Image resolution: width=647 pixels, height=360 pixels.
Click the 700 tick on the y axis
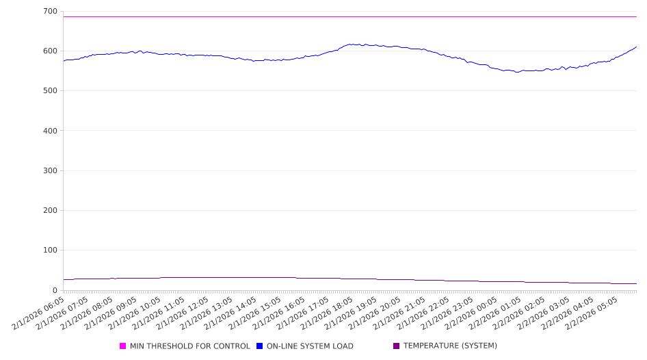50,12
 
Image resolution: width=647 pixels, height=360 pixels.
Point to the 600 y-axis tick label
50,51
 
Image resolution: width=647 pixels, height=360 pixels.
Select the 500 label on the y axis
50,91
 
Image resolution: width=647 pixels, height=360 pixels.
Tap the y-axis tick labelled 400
50,131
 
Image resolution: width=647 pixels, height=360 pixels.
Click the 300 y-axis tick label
50,170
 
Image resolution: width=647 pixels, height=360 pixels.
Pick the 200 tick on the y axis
50,211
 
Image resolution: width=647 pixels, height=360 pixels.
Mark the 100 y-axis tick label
50,250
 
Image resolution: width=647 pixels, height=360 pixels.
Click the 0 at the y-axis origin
55,290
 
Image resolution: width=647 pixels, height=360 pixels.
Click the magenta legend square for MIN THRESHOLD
123,346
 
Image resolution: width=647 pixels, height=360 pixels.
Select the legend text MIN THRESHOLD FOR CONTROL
189,346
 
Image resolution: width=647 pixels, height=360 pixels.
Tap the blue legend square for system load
260,346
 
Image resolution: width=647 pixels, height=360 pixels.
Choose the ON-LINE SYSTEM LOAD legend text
310,346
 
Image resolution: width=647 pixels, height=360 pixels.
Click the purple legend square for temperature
397,346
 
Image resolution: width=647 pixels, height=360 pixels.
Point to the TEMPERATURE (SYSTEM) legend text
450,346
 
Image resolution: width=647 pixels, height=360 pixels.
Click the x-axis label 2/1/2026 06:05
40,312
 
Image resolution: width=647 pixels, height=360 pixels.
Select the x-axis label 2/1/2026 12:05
184,312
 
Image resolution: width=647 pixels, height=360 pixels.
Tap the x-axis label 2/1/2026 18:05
328,312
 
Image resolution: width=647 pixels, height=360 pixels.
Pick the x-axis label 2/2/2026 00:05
473,312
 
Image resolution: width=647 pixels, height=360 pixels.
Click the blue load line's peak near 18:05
352,44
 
